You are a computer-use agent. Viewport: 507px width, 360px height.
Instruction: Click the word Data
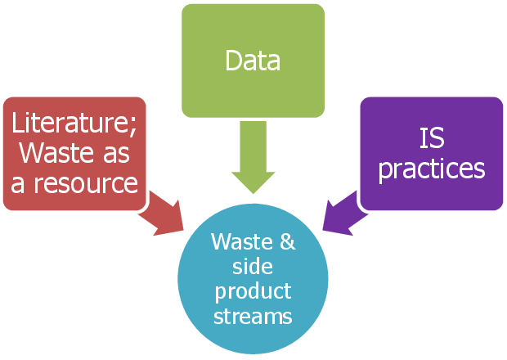253,61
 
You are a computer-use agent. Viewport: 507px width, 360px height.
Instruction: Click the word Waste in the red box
52,154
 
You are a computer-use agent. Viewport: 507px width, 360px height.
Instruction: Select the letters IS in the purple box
431,139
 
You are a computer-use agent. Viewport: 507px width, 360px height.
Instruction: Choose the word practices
431,169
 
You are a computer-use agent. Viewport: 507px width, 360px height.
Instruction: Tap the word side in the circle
253,267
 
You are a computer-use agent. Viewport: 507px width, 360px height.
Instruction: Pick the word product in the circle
253,292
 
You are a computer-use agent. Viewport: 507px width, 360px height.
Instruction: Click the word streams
253,316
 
